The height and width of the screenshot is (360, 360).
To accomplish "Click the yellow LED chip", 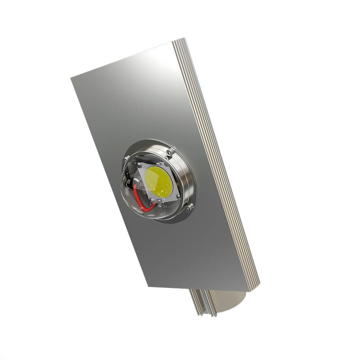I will [x=159, y=182].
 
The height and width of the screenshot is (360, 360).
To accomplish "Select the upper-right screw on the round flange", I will [x=169, y=154].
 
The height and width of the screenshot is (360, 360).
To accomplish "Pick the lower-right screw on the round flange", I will [x=188, y=207].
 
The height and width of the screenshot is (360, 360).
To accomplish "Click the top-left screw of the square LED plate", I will [x=138, y=166].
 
